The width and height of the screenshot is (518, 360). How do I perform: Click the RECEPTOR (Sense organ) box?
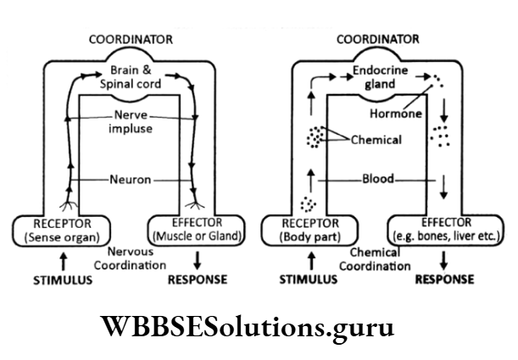[x=55, y=229]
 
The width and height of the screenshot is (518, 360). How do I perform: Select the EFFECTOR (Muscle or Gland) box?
[x=197, y=229]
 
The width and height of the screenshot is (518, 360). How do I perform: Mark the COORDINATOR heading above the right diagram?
[x=377, y=39]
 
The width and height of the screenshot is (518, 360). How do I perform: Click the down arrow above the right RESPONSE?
[x=444, y=259]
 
